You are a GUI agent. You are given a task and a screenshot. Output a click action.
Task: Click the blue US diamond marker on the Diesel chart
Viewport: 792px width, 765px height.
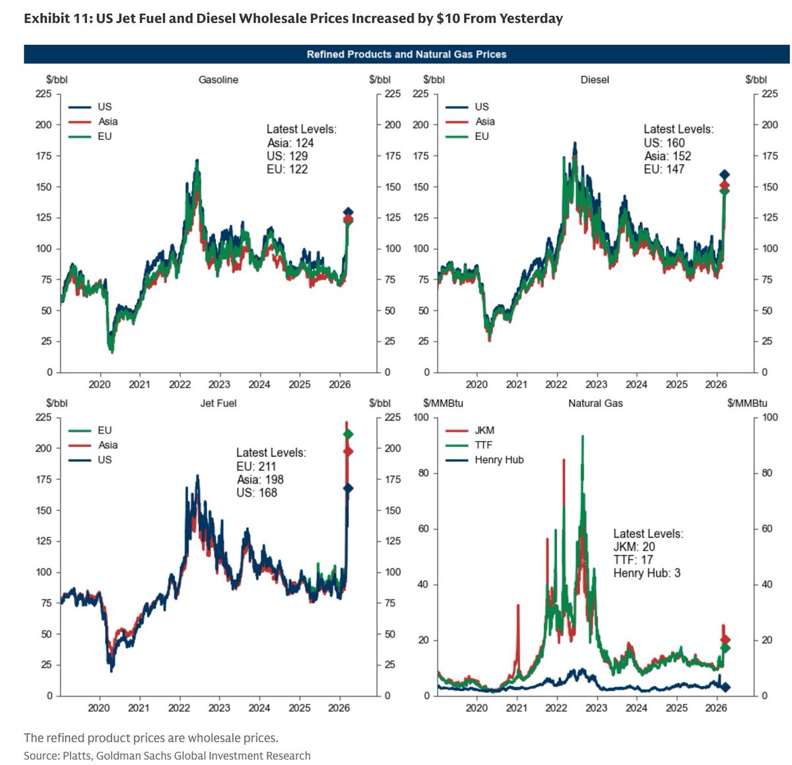pyautogui.click(x=724, y=175)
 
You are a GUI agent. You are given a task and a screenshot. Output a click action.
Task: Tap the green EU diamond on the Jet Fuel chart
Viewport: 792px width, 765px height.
pyautogui.click(x=348, y=434)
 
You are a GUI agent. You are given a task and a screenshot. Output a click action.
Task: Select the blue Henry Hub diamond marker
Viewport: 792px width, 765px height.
pyautogui.click(x=725, y=687)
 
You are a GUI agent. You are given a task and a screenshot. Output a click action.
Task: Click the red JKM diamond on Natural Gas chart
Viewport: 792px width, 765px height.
pyautogui.click(x=725, y=640)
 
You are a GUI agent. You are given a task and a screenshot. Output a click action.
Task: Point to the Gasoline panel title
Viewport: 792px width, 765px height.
pyautogui.click(x=218, y=80)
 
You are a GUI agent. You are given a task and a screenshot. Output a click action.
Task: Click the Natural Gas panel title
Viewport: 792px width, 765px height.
pyautogui.click(x=595, y=403)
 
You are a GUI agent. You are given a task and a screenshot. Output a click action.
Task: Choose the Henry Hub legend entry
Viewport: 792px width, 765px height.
pyautogui.click(x=498, y=460)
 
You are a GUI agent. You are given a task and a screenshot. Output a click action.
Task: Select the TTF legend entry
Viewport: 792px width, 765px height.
pyautogui.click(x=483, y=445)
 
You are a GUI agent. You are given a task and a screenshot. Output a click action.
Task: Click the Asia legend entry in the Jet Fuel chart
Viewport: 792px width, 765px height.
pyautogui.click(x=108, y=445)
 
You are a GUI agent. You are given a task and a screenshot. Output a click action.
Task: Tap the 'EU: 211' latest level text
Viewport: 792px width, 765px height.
pyautogui.click(x=256, y=466)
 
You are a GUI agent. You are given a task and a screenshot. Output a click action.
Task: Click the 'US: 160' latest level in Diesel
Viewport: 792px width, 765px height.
pyautogui.click(x=664, y=143)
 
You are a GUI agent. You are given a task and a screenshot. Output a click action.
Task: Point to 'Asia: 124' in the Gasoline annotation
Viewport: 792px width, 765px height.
pyautogui.click(x=290, y=143)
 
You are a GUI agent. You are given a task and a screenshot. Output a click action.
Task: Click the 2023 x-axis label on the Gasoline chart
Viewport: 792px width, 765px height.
pyautogui.click(x=219, y=384)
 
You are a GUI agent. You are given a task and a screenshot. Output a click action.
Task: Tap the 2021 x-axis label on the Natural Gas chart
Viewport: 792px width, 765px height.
pyautogui.click(x=517, y=708)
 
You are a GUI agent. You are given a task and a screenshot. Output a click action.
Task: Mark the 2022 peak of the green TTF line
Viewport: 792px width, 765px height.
pyautogui.click(x=582, y=437)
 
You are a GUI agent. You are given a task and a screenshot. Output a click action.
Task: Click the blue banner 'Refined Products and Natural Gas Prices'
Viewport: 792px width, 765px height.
pyautogui.click(x=406, y=54)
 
